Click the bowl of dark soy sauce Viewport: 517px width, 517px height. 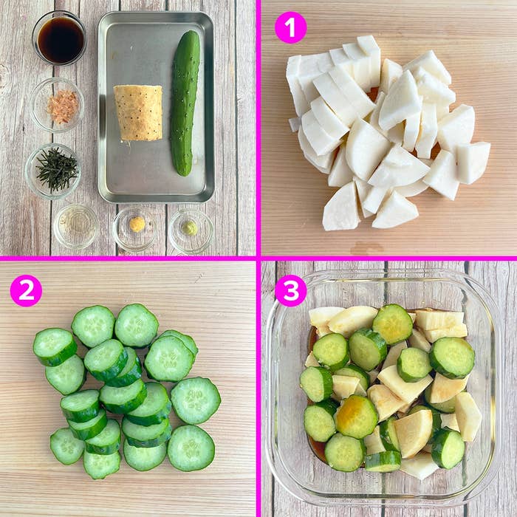point(59,38)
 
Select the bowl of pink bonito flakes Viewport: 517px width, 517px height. point(57,105)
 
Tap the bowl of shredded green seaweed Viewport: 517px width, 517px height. point(52,171)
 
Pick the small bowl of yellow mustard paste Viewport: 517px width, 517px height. point(135,229)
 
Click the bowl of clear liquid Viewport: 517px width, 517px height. point(75,227)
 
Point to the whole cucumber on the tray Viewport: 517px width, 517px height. point(185,103)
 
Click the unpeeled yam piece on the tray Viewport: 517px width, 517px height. point(139,113)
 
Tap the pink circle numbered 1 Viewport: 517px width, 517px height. point(290,28)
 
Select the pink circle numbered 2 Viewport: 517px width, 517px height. point(26,290)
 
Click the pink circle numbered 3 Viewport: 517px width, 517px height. point(290,290)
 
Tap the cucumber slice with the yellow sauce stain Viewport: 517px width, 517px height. point(357,417)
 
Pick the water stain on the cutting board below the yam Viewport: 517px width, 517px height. point(366,249)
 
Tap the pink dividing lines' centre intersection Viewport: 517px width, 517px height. point(258,258)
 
